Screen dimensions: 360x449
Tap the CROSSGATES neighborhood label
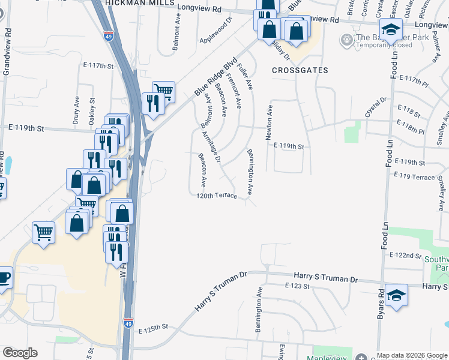(300, 70)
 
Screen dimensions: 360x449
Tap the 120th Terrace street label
(217, 196)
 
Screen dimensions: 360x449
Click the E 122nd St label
(405, 256)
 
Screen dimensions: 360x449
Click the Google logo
(20, 353)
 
